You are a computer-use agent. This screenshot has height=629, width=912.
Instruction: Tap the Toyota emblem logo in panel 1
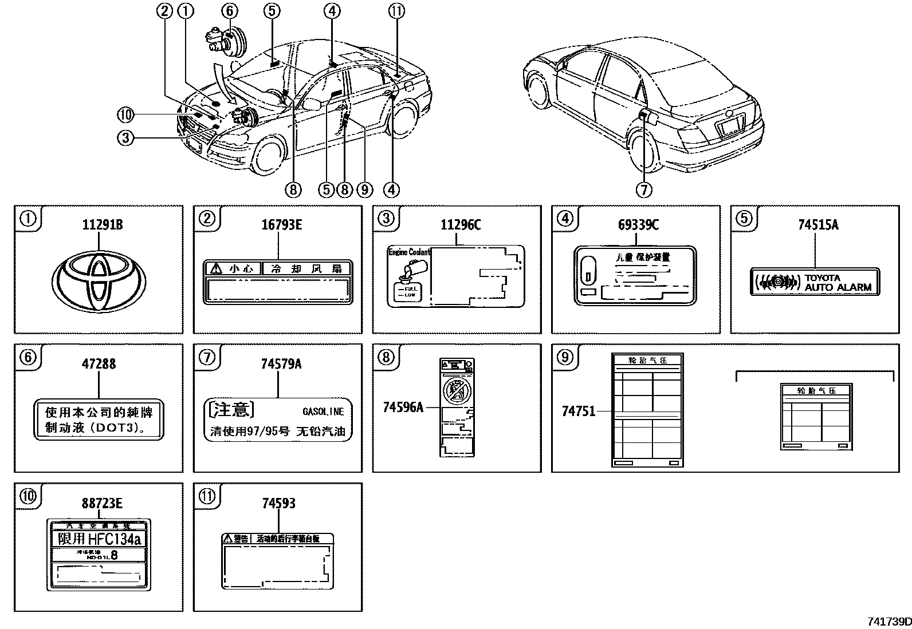click(98, 283)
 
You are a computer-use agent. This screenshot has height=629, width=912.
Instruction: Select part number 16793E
click(281, 225)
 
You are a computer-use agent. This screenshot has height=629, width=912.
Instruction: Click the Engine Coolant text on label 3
click(409, 252)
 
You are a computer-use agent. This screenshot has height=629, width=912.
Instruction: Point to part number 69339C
click(638, 225)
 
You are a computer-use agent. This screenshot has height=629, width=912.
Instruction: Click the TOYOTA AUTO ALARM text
click(838, 283)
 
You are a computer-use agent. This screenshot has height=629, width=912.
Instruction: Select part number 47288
click(99, 363)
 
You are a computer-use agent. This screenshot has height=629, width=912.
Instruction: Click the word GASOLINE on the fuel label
click(323, 412)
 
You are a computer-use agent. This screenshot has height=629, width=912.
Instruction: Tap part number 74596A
click(403, 407)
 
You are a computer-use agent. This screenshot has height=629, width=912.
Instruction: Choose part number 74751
click(578, 411)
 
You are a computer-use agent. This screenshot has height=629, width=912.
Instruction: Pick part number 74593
click(278, 503)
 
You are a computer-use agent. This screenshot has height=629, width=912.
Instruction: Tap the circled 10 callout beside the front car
click(125, 115)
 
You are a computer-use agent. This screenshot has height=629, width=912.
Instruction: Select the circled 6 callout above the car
click(229, 10)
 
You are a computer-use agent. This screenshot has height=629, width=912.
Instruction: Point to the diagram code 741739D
click(887, 622)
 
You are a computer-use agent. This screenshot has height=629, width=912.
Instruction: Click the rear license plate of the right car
click(730, 126)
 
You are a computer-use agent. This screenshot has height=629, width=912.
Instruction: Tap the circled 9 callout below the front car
click(364, 189)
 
